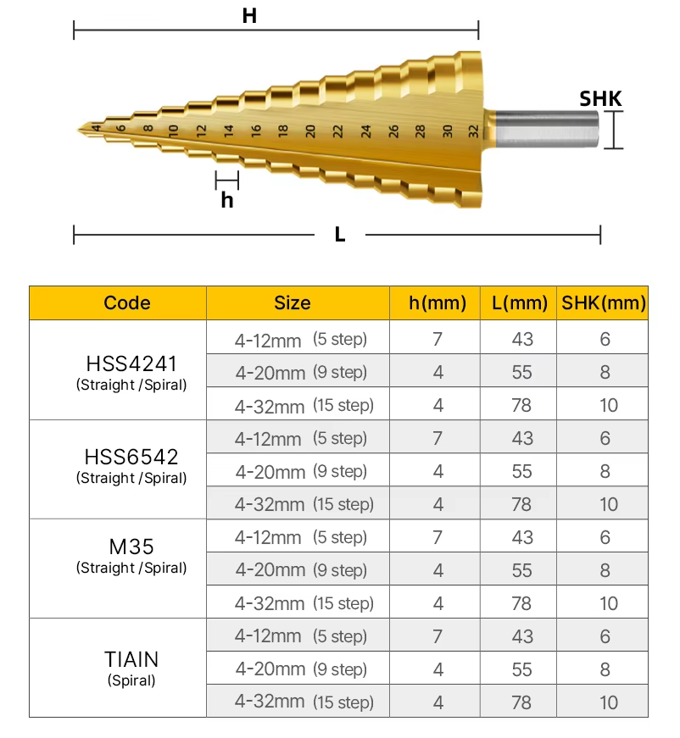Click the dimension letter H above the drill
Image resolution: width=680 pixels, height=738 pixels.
(x=249, y=16)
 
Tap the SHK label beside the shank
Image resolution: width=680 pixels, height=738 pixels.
(x=600, y=99)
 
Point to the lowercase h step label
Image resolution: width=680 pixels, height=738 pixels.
(x=226, y=200)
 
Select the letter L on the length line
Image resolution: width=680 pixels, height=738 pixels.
(x=340, y=235)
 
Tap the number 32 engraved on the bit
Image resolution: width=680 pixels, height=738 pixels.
(x=473, y=130)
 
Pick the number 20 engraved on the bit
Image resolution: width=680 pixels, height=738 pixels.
(x=310, y=130)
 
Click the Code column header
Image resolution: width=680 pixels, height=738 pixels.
(x=127, y=302)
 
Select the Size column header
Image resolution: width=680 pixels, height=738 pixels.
(x=293, y=302)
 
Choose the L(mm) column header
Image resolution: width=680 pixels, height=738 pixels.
(x=519, y=302)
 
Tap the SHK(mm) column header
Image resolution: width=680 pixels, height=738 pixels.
(x=604, y=302)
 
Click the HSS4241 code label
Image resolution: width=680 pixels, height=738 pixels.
(x=131, y=363)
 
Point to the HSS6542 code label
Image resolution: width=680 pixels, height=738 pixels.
(x=131, y=457)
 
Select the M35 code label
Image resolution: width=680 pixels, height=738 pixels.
(x=131, y=547)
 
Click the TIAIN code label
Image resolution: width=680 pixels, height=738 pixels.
(x=131, y=658)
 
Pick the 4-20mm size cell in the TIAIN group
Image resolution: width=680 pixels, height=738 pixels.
(x=301, y=669)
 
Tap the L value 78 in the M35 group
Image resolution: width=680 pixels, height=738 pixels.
(x=522, y=603)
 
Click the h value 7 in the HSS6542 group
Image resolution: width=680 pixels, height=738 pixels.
(x=438, y=438)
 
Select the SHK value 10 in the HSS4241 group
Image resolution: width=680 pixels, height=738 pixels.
(x=608, y=405)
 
